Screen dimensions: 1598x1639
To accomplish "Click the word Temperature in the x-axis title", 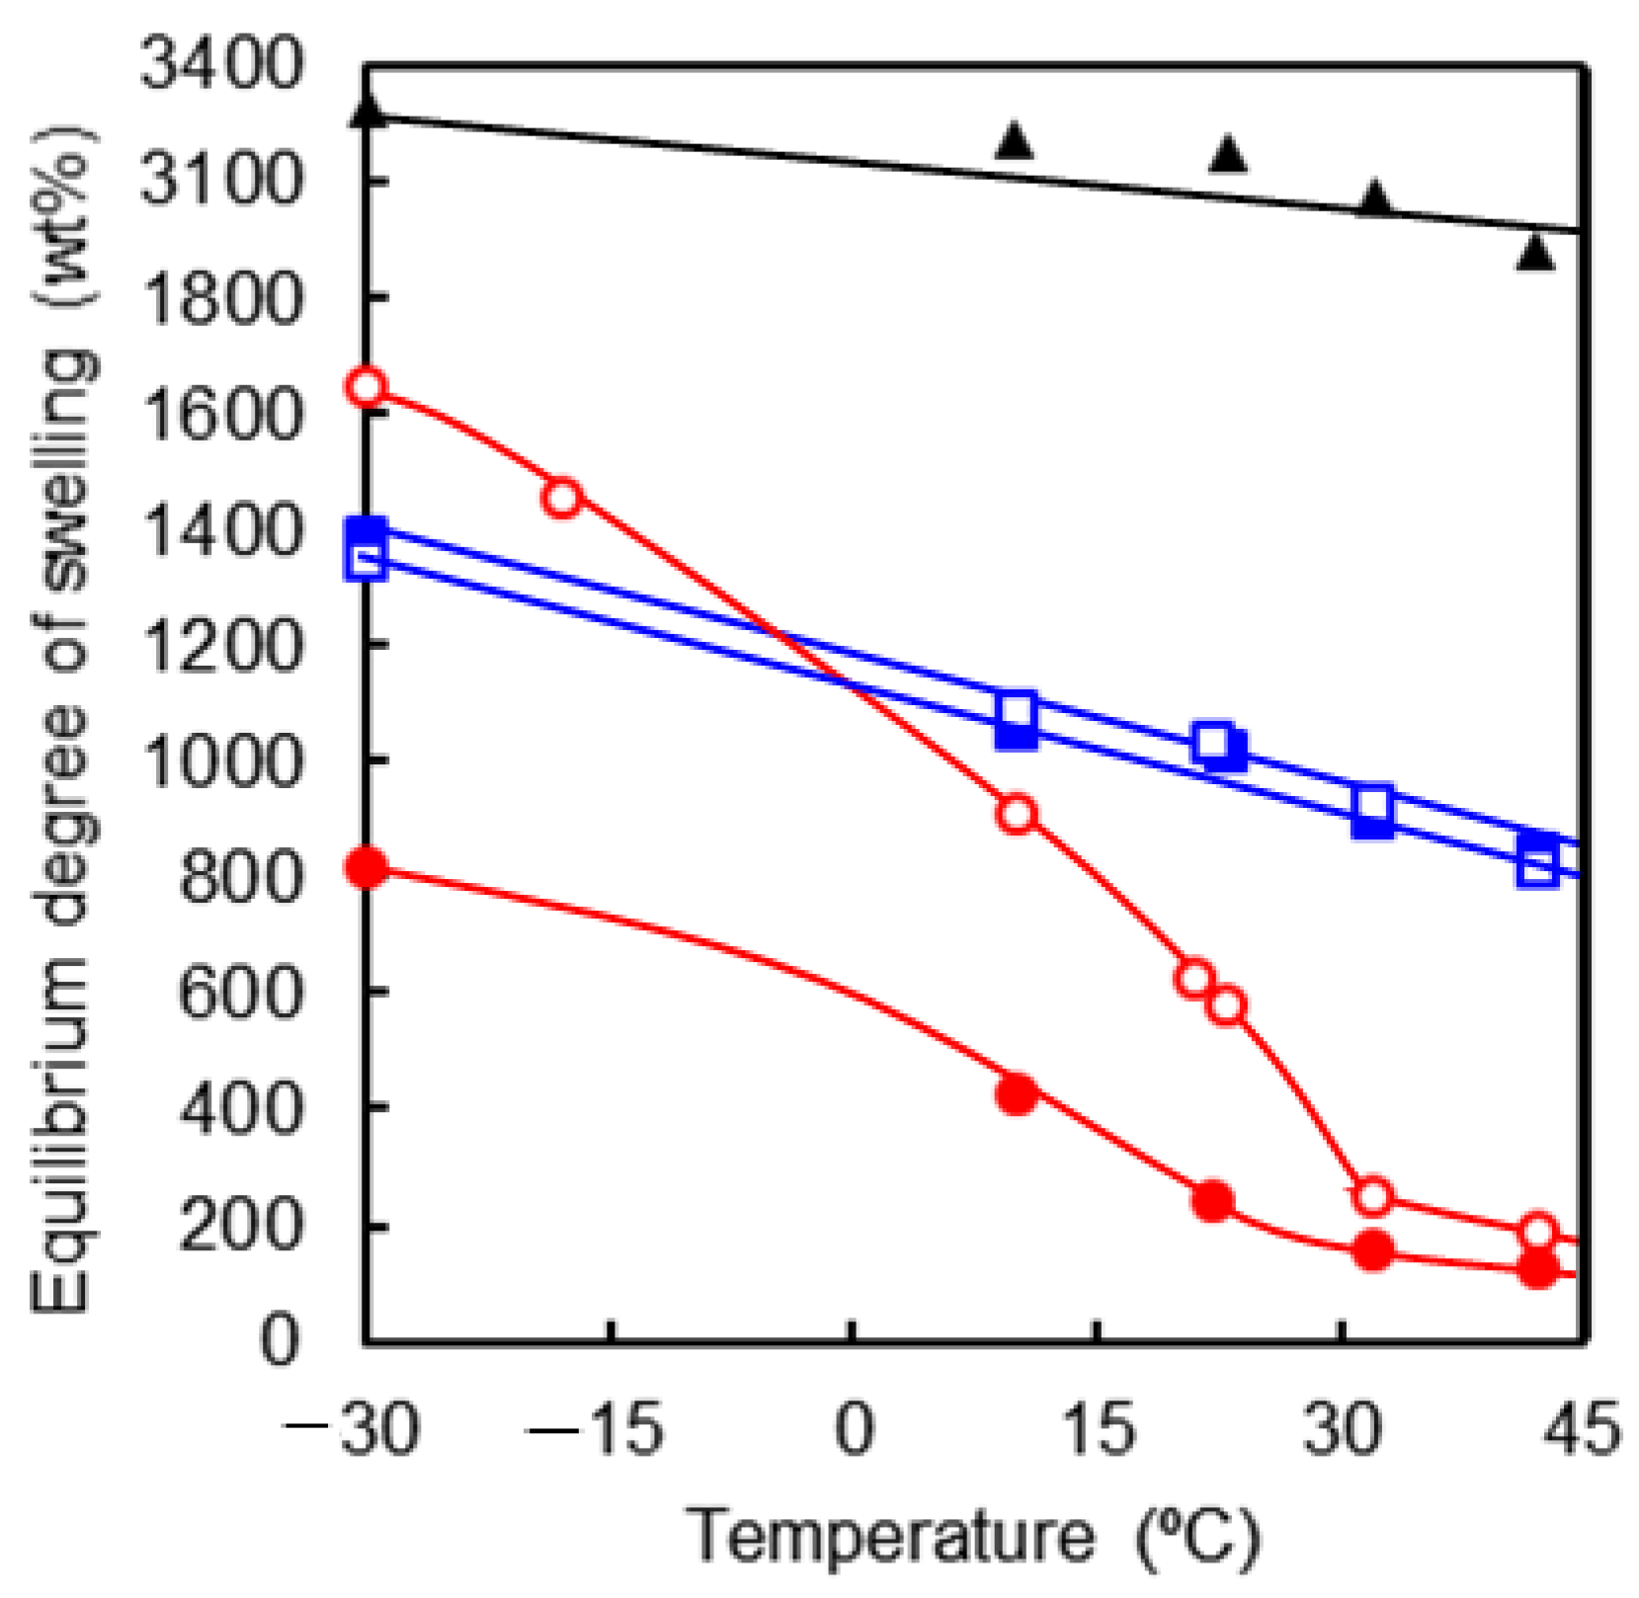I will pos(889,1537).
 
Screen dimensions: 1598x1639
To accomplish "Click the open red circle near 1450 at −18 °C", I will pos(561,498).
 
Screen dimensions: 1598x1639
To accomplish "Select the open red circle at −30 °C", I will pos(367,386).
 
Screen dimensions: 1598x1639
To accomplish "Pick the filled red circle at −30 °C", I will pos(368,868).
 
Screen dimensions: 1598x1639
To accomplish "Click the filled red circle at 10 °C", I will pos(1017,1094).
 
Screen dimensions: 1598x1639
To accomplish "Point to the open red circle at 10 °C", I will pos(1017,814).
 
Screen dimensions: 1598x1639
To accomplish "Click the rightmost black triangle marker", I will pos(1535,253).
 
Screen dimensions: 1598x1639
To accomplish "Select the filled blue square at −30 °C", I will pos(368,532).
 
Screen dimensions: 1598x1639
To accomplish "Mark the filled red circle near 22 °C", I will pos(1213,1200).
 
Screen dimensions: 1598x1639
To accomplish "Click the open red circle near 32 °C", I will pos(1372,1196).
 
